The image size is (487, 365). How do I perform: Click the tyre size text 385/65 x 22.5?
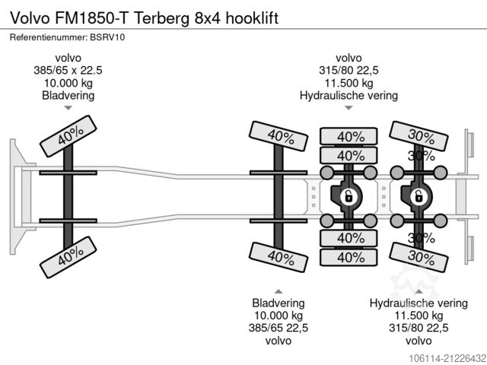coord(68,71)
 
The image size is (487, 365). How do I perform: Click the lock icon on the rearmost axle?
coord(417,196)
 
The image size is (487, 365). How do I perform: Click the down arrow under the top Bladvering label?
coord(68,108)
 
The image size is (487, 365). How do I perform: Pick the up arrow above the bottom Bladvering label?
coord(279,290)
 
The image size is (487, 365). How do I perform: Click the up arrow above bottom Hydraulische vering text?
coord(418,290)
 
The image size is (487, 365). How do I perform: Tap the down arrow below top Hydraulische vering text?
coord(349,108)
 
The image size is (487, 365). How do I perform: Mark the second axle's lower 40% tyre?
coord(280,255)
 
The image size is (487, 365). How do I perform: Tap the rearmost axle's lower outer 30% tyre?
coord(419,257)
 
